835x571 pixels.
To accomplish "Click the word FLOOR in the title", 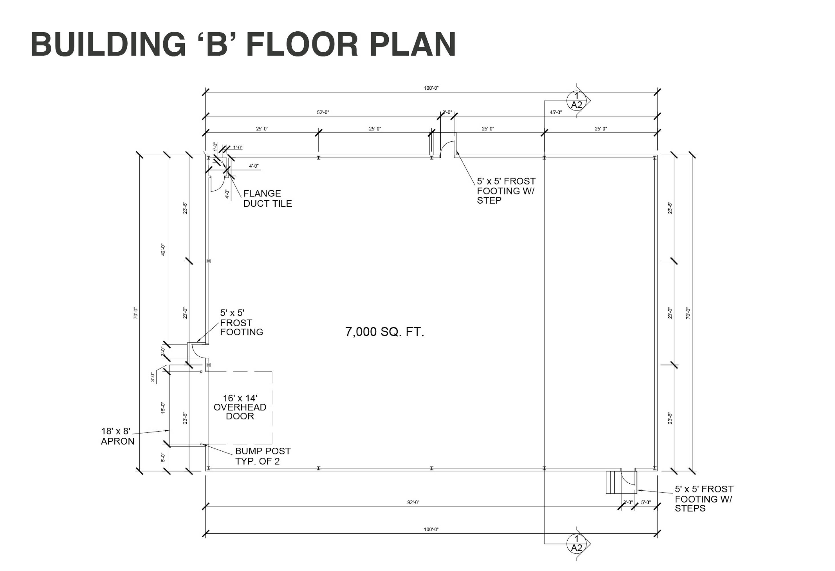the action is (302, 45).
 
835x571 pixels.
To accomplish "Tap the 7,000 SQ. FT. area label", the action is (385, 332).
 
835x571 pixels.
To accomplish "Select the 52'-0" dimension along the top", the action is (323, 112).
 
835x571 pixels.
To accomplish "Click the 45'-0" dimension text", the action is (555, 112).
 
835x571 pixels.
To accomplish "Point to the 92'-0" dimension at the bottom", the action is (413, 502).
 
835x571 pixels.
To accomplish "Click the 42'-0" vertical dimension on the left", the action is (163, 250).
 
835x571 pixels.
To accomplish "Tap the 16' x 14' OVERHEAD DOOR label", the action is (240, 407).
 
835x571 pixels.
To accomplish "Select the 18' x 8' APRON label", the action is (118, 436).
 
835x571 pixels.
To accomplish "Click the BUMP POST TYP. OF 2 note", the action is (263, 456).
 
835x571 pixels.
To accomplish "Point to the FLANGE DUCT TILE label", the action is (268, 198).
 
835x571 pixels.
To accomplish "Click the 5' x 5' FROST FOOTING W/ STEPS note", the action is (704, 498).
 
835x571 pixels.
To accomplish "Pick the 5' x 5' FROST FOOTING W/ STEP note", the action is (506, 191).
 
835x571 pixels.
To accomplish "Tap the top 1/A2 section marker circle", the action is (576, 100).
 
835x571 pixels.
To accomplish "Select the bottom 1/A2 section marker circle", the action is (576, 543).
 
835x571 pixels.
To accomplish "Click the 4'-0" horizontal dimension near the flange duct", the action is (254, 166).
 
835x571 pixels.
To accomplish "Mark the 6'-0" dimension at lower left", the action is (163, 457).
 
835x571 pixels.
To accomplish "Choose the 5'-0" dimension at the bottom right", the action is (646, 502).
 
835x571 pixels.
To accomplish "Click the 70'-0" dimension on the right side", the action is (688, 313).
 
